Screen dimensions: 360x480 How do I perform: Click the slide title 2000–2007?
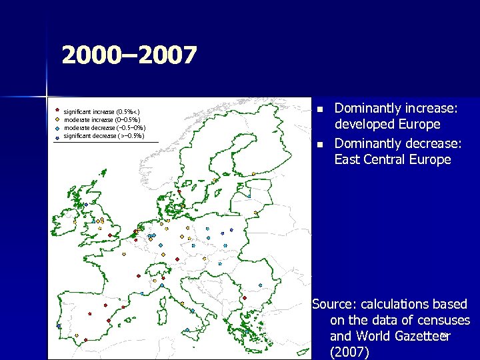point(129,55)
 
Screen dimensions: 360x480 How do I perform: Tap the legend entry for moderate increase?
point(100,120)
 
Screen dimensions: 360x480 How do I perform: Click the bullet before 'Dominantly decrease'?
point(320,145)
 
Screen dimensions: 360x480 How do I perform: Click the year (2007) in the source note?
point(349,353)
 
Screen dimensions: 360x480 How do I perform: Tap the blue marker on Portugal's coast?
point(58,325)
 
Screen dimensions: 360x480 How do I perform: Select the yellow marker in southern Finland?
point(254,175)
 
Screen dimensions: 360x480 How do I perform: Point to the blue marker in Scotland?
point(85,205)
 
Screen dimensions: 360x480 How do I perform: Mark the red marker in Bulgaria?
point(245,297)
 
